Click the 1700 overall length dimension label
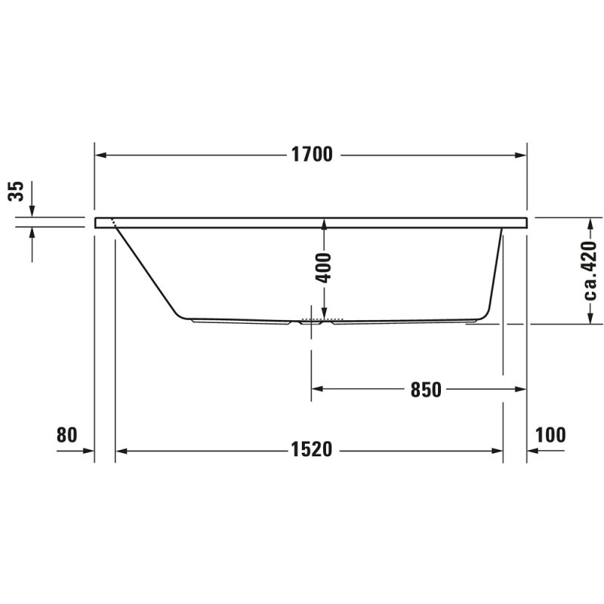(312, 155)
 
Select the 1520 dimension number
(311, 449)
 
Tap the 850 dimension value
(426, 390)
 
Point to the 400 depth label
(323, 268)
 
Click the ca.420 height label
(590, 271)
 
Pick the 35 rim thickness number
(16, 191)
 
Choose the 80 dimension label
(67, 435)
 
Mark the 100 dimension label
(551, 435)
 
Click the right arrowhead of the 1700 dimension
(521, 156)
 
